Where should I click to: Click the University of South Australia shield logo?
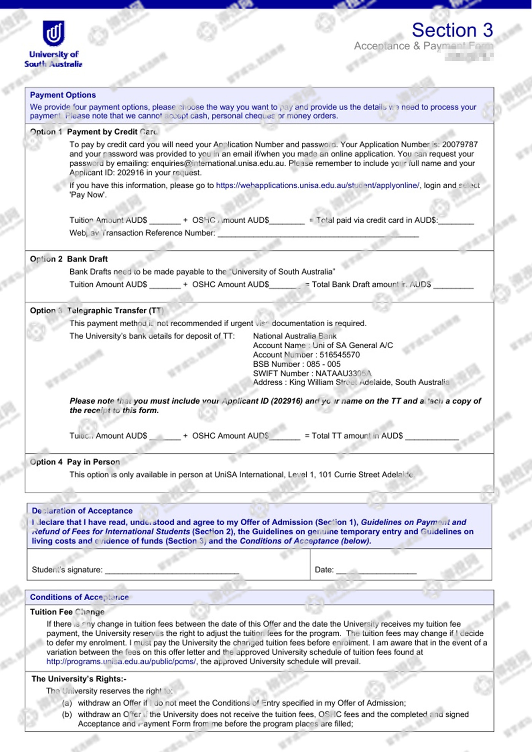tap(54, 33)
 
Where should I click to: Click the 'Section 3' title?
tap(452, 30)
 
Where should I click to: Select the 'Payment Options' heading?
tap(63, 95)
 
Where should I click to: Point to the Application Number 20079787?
tap(460, 145)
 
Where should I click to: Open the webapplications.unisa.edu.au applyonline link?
tap(318, 185)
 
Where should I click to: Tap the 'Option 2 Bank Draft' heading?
tap(69, 259)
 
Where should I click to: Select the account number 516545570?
tap(339, 355)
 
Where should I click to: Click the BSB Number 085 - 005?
tap(323, 364)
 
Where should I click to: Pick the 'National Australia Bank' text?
tap(294, 336)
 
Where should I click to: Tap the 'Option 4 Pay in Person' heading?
tap(75, 462)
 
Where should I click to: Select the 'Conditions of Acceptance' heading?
tap(79, 597)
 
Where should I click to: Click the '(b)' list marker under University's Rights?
tap(67, 714)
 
